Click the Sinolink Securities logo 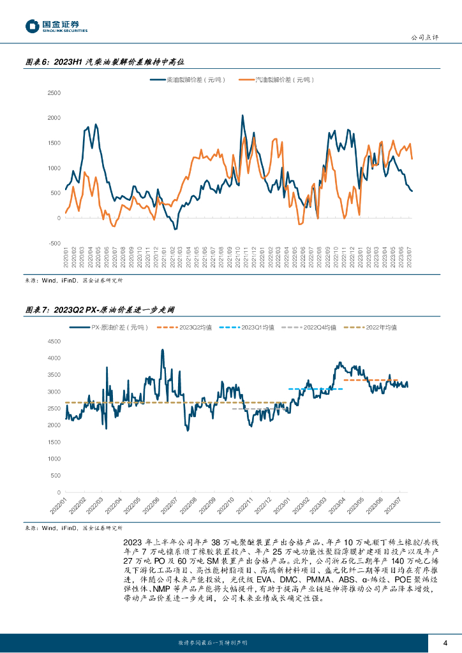(57, 26)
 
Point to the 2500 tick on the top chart (54, 92)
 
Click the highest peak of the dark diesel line (242, 115)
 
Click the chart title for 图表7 (99, 309)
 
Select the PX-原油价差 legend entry (109, 327)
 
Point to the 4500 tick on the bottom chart (54, 341)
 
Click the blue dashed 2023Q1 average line (316, 388)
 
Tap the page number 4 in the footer (445, 642)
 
